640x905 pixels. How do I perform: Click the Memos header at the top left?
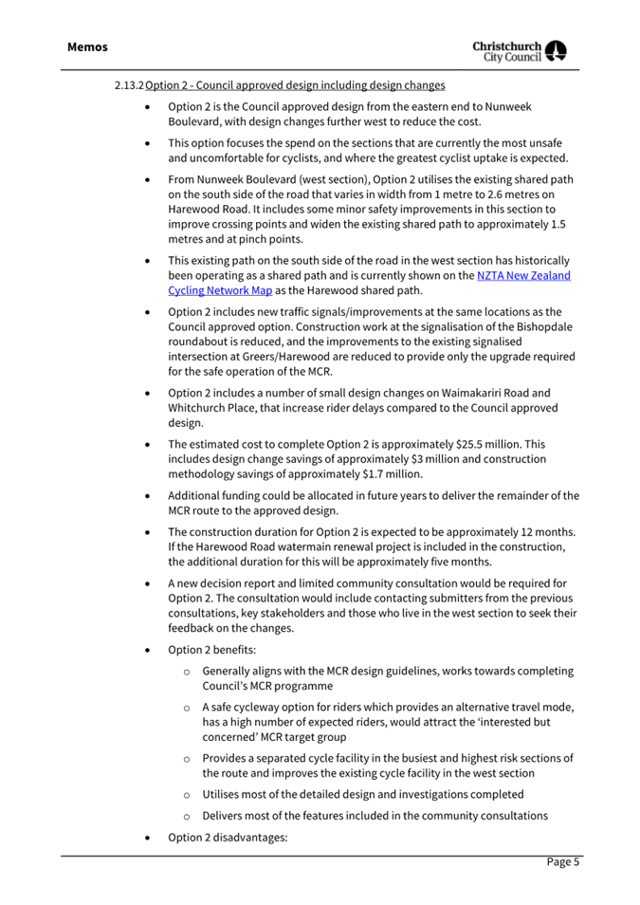(87, 46)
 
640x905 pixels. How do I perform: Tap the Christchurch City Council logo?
(528, 51)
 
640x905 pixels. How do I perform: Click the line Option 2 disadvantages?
(228, 838)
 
